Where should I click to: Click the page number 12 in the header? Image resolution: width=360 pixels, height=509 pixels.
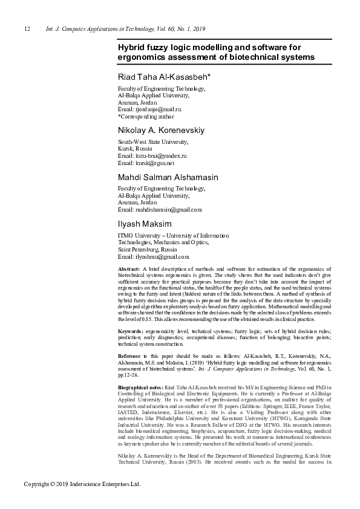click(x=27, y=29)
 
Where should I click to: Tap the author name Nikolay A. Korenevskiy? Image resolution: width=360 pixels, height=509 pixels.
click(x=160, y=130)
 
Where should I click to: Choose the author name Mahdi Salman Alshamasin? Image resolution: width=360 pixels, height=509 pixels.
click(x=168, y=177)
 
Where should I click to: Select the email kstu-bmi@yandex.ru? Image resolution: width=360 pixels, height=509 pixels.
click(x=159, y=156)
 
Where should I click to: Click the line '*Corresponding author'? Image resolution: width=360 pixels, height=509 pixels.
click(x=145, y=116)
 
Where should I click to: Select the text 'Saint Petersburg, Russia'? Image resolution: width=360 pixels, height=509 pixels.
click(x=147, y=249)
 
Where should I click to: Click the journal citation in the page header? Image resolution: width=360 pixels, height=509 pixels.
click(x=125, y=29)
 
